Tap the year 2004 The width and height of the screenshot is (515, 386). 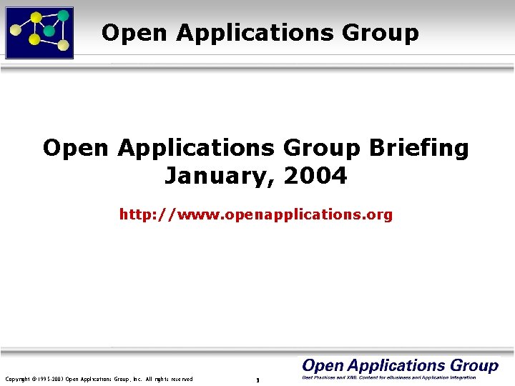[x=315, y=175]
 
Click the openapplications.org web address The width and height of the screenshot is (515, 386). [x=256, y=214]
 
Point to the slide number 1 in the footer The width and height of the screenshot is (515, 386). [x=257, y=380]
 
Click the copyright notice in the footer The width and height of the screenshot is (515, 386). [x=99, y=379]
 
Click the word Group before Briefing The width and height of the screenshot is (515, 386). [x=323, y=149]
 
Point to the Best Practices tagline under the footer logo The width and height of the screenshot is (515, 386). [x=389, y=377]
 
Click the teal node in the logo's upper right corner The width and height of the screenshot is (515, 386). [x=63, y=16]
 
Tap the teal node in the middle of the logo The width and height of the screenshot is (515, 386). [x=49, y=31]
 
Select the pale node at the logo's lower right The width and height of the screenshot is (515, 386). [x=63, y=46]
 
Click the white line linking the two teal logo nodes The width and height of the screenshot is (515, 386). [x=56, y=24]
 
